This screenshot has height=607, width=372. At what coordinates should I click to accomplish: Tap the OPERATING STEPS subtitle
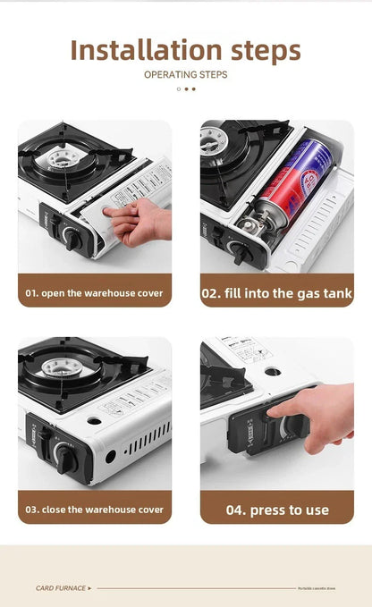coord(185,74)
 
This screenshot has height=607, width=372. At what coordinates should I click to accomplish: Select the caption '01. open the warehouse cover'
coord(94,292)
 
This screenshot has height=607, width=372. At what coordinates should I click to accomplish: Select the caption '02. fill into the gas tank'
coord(276,292)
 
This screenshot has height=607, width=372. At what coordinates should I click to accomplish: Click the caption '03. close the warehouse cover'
coord(94,509)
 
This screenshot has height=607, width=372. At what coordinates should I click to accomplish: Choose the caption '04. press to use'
coord(276,510)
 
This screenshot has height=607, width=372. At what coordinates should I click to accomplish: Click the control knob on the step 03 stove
coord(64,459)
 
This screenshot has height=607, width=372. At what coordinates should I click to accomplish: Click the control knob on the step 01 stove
coord(71,238)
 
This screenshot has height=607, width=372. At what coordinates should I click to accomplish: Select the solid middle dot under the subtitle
coord(186,89)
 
